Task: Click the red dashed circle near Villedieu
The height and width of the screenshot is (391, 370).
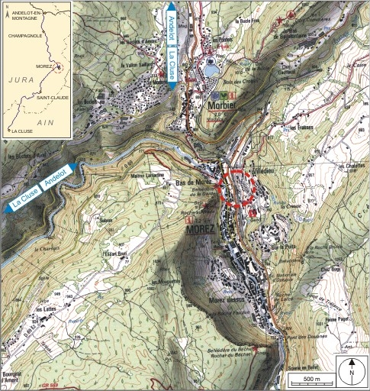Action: [x=237, y=189]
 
